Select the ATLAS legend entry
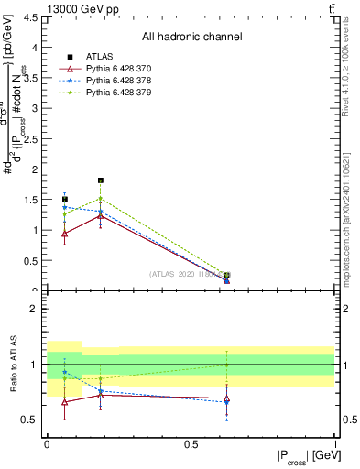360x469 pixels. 102,57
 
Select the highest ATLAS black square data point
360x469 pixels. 101,180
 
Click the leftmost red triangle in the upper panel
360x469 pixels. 64,234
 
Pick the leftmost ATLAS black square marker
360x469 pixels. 64,199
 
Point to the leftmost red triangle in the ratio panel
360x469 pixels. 64,401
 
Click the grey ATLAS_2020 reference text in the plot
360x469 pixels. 183,274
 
